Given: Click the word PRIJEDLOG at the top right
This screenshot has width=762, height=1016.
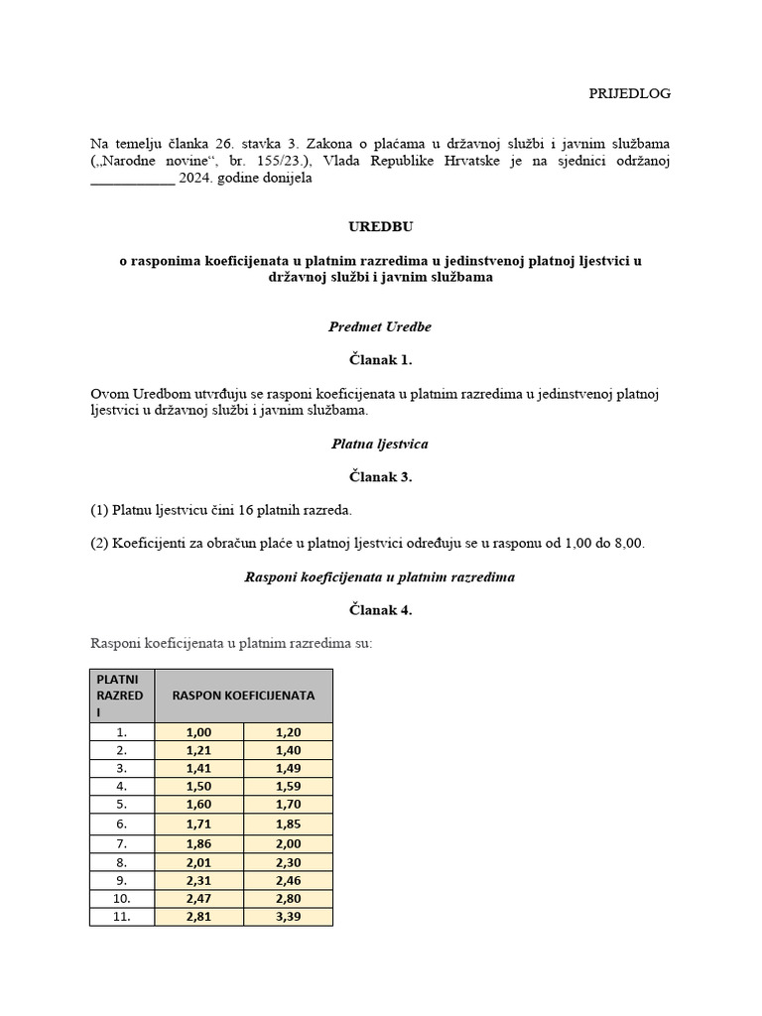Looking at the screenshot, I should (629, 93).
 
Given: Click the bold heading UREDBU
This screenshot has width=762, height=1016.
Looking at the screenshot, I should (381, 227).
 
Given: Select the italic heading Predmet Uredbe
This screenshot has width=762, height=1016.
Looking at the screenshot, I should (380, 326).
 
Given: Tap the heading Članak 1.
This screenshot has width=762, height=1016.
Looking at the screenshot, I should (380, 360).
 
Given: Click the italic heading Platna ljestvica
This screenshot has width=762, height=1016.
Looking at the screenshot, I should (380, 444).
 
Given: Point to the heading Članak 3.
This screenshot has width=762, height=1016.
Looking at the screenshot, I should (380, 477).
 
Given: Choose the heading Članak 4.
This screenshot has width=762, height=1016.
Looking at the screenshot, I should (380, 610).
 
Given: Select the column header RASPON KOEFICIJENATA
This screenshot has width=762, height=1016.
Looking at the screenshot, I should (243, 696).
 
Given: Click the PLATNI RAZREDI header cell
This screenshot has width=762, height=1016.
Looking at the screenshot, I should (121, 696).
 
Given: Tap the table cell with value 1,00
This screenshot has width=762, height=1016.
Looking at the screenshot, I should (198, 732).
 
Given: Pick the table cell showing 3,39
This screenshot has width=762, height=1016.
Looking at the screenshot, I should (288, 917).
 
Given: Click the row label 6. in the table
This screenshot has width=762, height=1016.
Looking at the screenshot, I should (121, 824).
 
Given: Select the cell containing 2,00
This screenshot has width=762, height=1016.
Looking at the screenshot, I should (288, 843).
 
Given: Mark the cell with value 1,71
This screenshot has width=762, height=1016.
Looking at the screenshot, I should (198, 824).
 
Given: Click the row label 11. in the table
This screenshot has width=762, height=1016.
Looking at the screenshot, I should (121, 917).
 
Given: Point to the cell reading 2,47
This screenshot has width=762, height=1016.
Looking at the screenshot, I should (198, 898).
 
